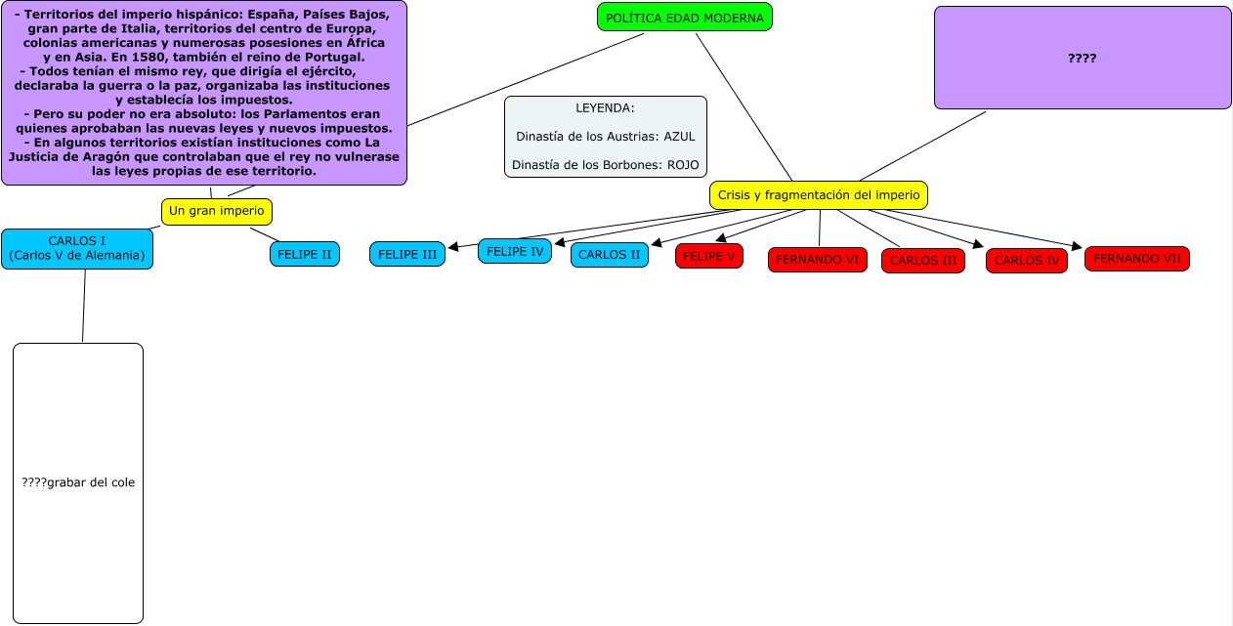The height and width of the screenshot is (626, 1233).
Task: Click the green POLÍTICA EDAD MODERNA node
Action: pos(684,18)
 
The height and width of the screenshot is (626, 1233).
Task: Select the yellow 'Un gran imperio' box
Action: pos(217,211)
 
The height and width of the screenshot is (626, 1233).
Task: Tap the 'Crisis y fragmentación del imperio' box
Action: pos(818,195)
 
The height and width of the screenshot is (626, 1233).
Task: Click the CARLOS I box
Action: pos(77,248)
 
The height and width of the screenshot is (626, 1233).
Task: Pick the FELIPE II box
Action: pos(304,254)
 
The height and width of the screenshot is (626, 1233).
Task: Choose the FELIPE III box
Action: pos(406,254)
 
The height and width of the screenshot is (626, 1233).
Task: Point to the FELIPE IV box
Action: pos(514,251)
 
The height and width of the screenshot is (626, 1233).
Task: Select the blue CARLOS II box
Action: pos(609,255)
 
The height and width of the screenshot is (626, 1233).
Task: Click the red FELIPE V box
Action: pos(708,256)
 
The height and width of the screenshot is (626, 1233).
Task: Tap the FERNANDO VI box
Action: pos(817,260)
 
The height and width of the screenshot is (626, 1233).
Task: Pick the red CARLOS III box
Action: pos(922,261)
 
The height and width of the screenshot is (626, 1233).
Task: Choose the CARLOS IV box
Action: pos(1026,261)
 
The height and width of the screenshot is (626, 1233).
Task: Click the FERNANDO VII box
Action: pos(1136,259)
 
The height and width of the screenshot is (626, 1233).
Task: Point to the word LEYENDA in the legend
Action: pos(605,108)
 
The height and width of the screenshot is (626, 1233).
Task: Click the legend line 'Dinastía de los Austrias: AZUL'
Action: pos(605,137)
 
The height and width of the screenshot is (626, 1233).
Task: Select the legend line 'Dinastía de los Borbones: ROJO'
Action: pos(605,165)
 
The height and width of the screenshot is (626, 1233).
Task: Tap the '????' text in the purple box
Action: pos(1082,59)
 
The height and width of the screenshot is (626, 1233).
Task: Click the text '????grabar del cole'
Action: pos(78,482)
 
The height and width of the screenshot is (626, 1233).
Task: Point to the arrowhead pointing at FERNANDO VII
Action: pos(1078,247)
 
